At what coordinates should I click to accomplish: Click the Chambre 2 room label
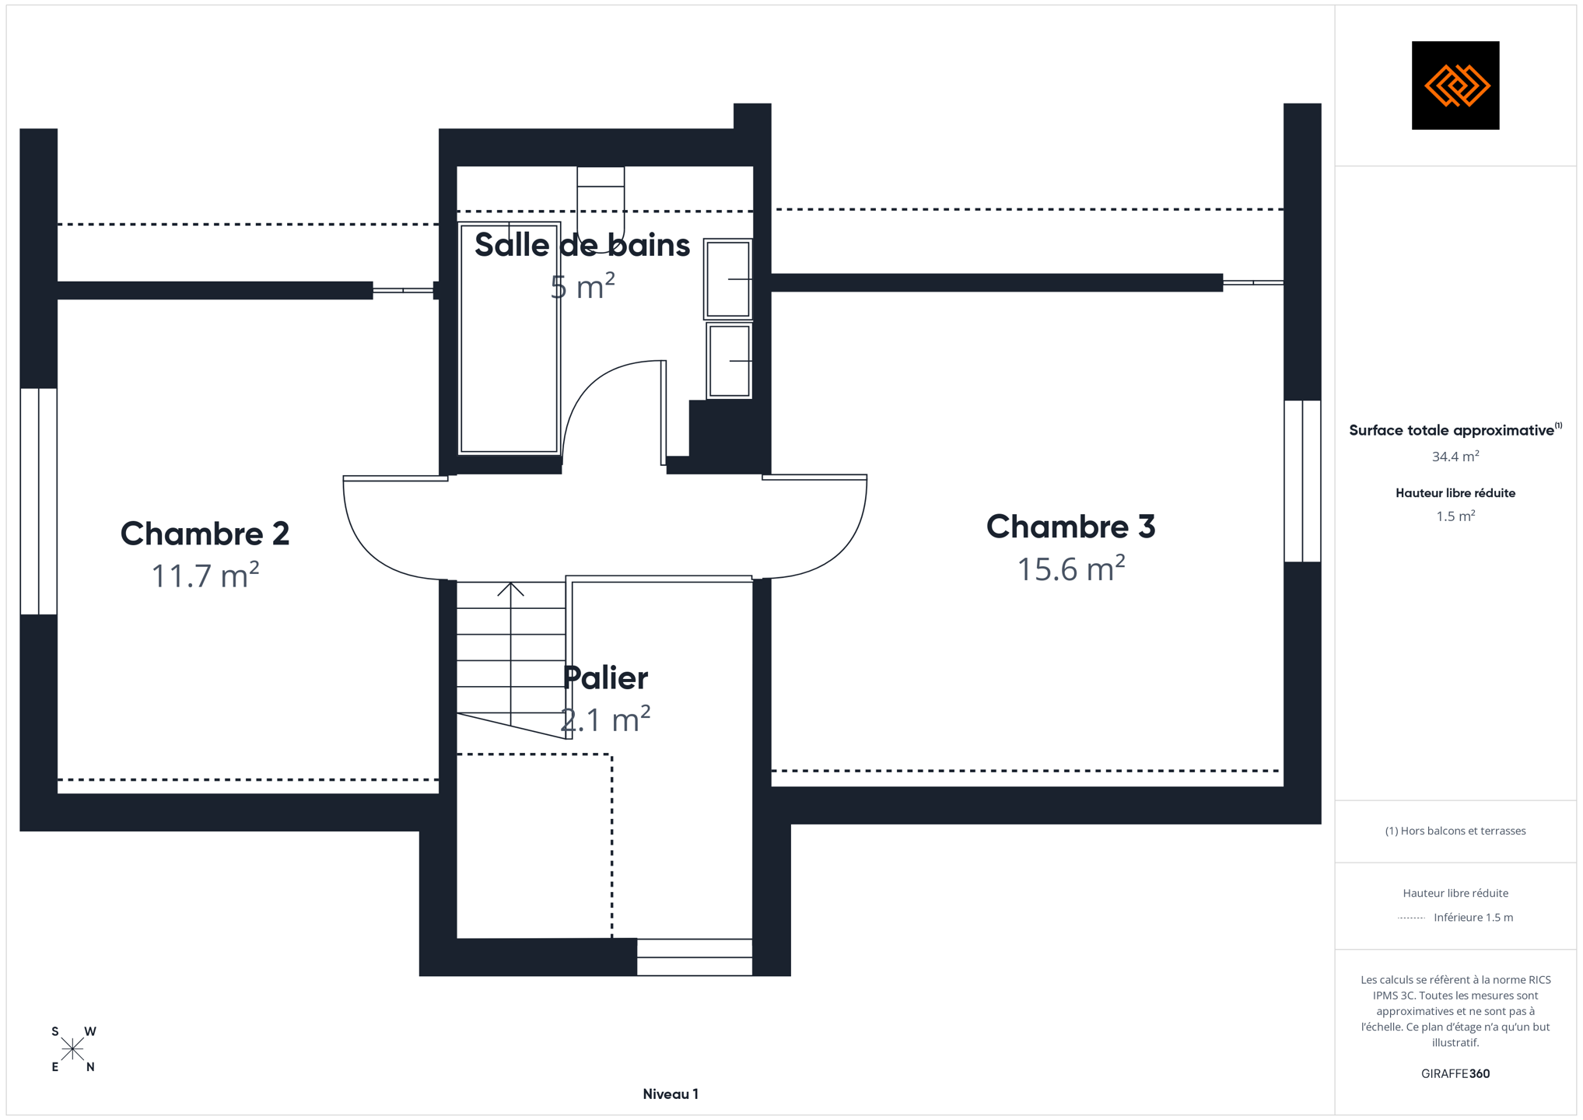pyautogui.click(x=205, y=534)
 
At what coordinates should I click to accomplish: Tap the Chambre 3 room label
pyautogui.click(x=1071, y=527)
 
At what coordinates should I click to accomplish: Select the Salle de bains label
pyautogui.click(x=583, y=245)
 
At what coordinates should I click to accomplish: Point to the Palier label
pyautogui.click(x=605, y=678)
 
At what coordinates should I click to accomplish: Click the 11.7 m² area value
pyautogui.click(x=205, y=575)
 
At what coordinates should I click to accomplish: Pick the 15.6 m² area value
pyautogui.click(x=1071, y=568)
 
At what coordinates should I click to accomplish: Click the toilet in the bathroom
pyautogui.click(x=601, y=199)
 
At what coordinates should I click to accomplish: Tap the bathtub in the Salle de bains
pyautogui.click(x=510, y=338)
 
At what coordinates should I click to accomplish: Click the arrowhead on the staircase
pyautogui.click(x=510, y=589)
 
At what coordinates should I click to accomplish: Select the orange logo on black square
pyautogui.click(x=1455, y=86)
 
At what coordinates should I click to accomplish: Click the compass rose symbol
pyautogui.click(x=72, y=1049)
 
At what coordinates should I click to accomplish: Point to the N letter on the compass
pyautogui.click(x=90, y=1067)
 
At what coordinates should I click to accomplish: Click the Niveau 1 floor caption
pyautogui.click(x=671, y=1094)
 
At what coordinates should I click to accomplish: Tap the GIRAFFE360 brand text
pyautogui.click(x=1455, y=1074)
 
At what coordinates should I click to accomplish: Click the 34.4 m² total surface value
pyautogui.click(x=1455, y=457)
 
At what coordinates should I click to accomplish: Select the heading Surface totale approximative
pyautogui.click(x=1452, y=431)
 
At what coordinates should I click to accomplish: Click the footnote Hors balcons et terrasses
pyautogui.click(x=1455, y=831)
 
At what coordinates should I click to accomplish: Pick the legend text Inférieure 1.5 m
pyautogui.click(x=1473, y=918)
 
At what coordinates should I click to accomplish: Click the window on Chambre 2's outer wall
pyautogui.click(x=38, y=502)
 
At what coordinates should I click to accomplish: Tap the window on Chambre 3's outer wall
pyautogui.click(x=1302, y=481)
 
